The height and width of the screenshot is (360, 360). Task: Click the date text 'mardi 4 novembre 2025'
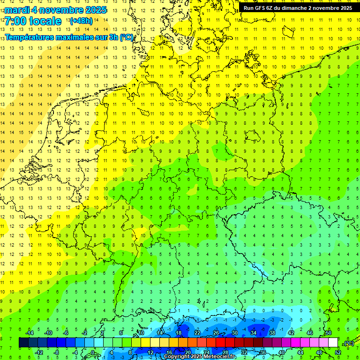(x=56, y=10)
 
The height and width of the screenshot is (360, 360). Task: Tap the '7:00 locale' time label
(x=33, y=21)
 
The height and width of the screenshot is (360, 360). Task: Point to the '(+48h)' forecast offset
(x=81, y=21)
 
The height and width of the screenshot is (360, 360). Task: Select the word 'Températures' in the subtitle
(x=29, y=37)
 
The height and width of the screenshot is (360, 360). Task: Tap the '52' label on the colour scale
(x=337, y=352)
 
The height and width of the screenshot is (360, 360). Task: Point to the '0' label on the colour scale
(x=93, y=352)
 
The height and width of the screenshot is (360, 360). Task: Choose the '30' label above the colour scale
(x=234, y=333)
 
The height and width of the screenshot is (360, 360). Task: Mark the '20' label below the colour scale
(x=187, y=352)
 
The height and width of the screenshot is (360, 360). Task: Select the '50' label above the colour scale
(x=328, y=333)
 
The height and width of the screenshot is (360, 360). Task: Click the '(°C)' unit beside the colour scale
(x=348, y=344)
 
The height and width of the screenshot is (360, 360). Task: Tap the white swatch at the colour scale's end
(x=333, y=343)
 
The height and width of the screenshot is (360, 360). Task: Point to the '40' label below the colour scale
(x=281, y=352)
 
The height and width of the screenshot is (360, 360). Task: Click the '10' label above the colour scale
(x=141, y=333)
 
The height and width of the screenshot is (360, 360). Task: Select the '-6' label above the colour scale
(x=66, y=333)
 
